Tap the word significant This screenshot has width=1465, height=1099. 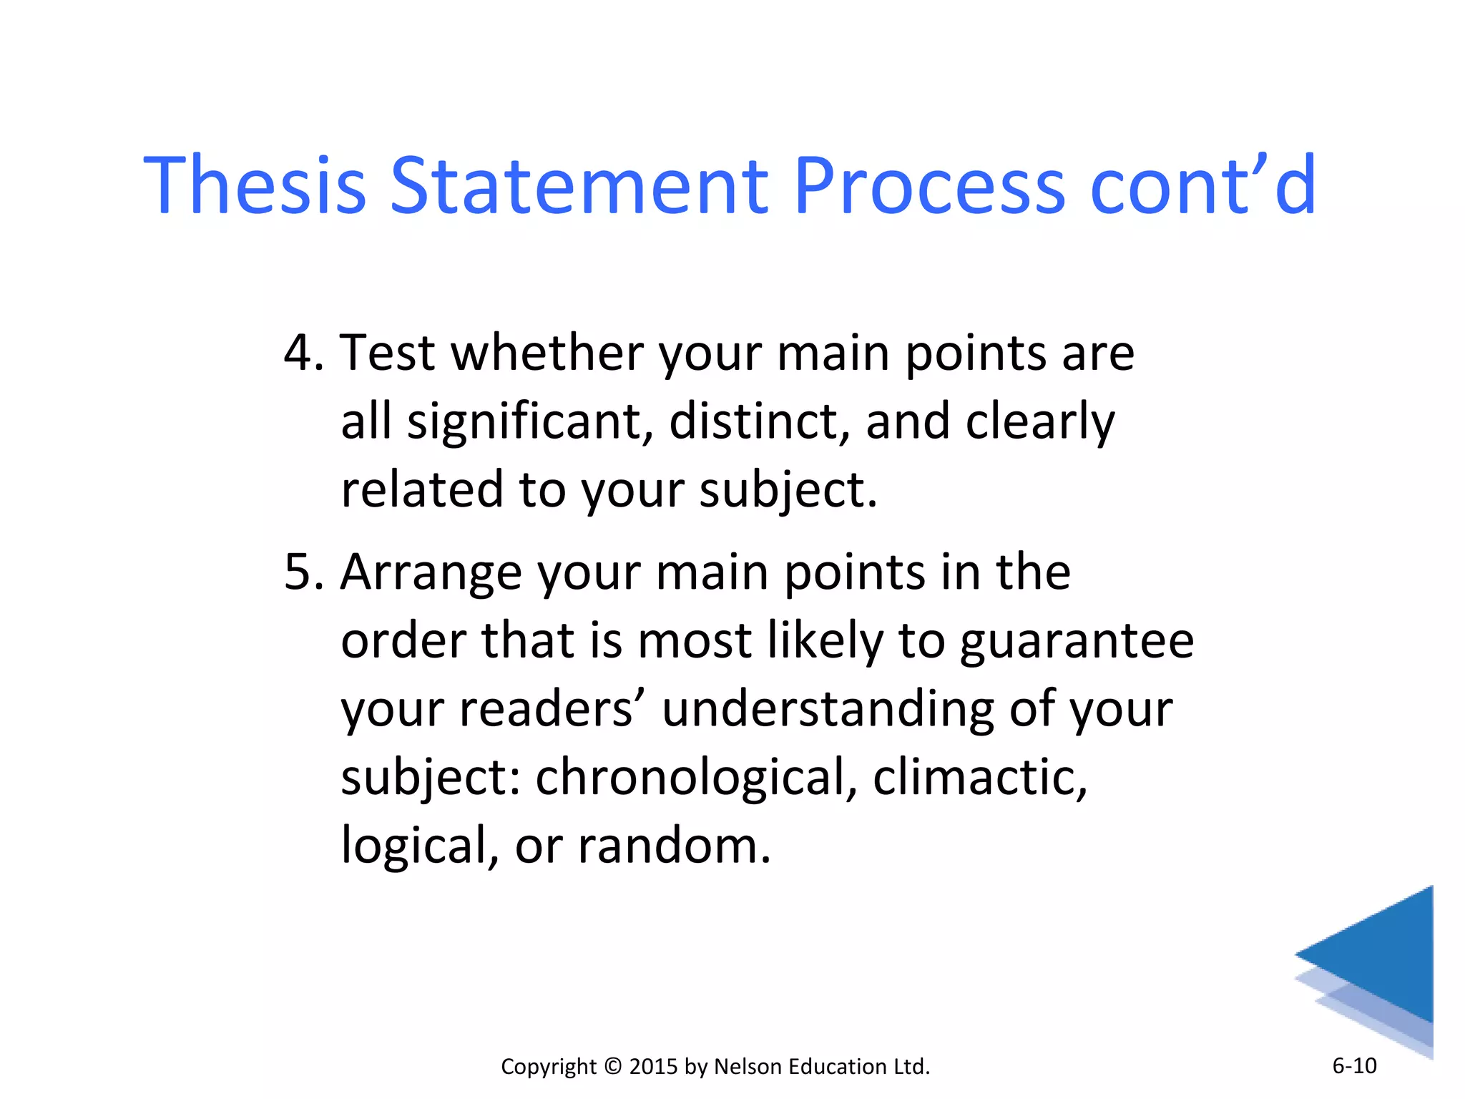[x=529, y=422]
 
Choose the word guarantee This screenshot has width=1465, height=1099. [x=1077, y=642]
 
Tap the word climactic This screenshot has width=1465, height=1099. [x=979, y=778]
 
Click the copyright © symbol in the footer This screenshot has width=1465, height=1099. [x=613, y=1067]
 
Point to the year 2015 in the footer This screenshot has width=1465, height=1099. [x=653, y=1067]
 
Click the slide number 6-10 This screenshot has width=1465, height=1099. [x=1354, y=1066]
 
